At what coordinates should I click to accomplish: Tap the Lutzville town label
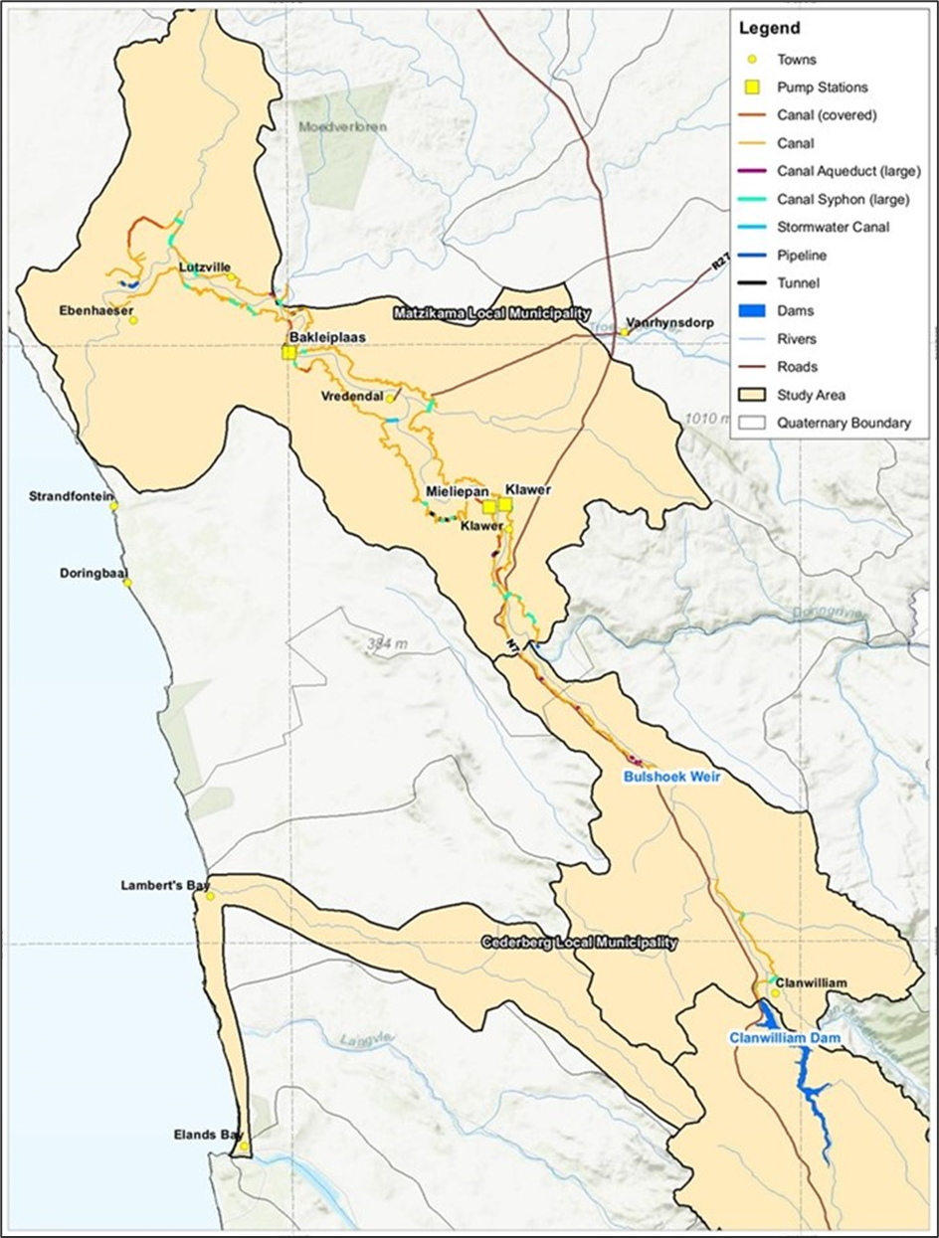(x=205, y=267)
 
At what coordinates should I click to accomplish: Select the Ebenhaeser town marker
(x=132, y=320)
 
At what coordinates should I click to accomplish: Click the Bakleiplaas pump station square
(x=288, y=353)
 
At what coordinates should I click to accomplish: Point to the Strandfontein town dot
(x=114, y=506)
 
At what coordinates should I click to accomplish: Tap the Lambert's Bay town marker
(x=210, y=896)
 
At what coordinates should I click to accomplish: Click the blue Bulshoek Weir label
(x=671, y=777)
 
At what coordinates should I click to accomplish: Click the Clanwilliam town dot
(x=776, y=992)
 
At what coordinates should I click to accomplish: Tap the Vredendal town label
(x=352, y=396)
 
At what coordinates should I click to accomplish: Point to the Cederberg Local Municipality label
(x=580, y=942)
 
